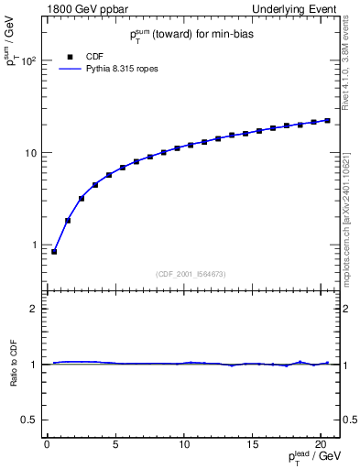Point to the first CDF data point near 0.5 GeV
(54, 251)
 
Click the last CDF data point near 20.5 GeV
(327, 120)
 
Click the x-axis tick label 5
(115, 445)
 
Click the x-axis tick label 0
(47, 445)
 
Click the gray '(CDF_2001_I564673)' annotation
(191, 275)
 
